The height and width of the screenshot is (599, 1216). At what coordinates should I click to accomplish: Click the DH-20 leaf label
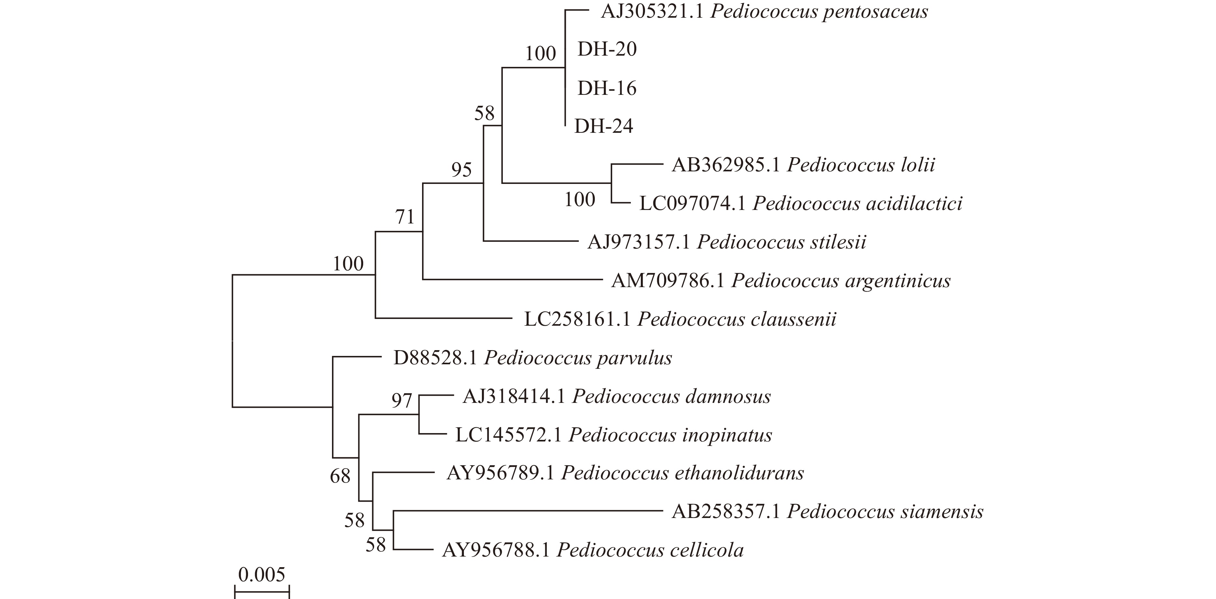pos(607,49)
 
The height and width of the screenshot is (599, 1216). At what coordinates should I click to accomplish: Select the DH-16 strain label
pos(607,88)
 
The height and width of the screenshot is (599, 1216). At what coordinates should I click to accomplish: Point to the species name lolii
pos(914,165)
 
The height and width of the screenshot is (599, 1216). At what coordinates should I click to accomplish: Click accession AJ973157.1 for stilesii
pos(639,242)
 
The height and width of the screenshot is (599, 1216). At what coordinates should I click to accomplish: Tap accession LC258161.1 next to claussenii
pos(577,320)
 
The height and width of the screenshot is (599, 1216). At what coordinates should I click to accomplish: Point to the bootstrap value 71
pos(405,217)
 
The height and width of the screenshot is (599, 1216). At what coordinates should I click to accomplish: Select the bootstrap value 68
pos(340,476)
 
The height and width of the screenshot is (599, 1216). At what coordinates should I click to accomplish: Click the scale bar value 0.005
pos(262,575)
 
